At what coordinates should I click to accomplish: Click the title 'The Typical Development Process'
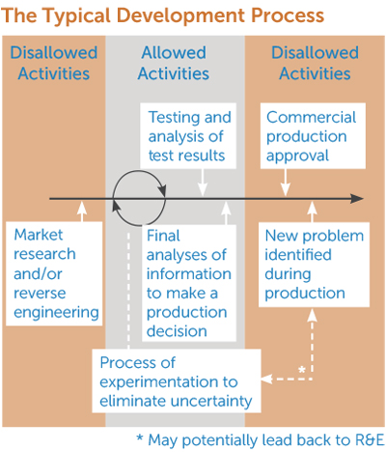click(x=163, y=17)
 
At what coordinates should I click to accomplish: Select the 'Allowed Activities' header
click(x=174, y=63)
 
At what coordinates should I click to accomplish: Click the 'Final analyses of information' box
click(x=189, y=282)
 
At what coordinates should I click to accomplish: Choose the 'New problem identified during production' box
click(x=314, y=264)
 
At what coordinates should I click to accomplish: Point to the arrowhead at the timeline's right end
click(x=358, y=198)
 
